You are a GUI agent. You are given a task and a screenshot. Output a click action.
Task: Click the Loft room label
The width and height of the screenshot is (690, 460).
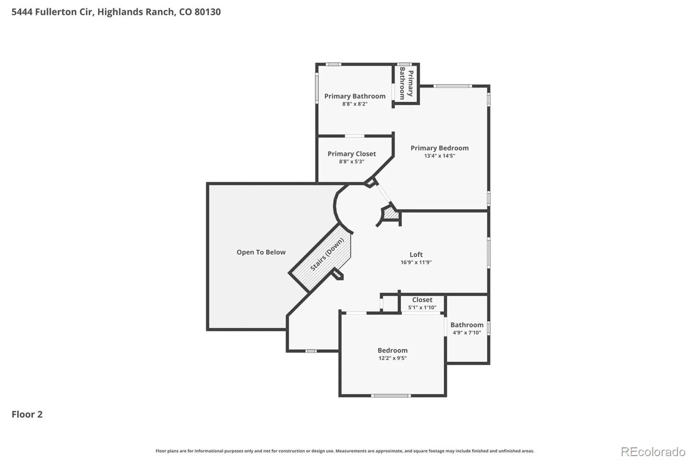416,254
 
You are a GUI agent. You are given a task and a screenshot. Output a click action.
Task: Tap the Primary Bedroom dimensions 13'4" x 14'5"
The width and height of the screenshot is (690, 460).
439,156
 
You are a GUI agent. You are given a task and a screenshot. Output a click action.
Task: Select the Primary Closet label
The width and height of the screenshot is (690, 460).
351,154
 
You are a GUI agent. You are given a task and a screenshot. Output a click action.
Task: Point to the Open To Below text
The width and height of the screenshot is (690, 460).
261,252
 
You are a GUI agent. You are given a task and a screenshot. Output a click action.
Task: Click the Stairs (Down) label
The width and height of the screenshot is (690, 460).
327,254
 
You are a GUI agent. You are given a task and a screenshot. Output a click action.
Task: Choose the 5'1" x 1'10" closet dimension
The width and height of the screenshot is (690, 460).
422,307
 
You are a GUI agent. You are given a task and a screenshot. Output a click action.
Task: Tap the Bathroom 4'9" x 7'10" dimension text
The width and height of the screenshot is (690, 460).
467,332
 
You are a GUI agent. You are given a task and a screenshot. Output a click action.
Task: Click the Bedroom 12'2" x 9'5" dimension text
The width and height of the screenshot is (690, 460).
392,358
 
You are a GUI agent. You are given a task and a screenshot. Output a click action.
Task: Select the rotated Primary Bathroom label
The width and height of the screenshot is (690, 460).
406,84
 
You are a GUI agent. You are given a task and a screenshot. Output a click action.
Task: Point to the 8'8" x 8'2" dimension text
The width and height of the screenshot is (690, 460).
354,104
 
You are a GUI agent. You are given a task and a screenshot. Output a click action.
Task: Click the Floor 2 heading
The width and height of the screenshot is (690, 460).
27,414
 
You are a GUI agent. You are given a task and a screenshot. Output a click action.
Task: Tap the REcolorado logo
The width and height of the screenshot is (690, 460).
653,452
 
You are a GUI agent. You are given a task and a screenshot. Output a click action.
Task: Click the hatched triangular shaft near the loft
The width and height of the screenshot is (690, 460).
391,213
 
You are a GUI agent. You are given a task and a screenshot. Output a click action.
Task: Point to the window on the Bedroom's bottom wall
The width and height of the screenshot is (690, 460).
391,396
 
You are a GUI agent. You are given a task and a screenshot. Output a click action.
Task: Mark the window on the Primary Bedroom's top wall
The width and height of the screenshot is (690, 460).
452,86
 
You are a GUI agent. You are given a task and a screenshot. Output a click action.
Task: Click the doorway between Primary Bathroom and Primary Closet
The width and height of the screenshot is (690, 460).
354,136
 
